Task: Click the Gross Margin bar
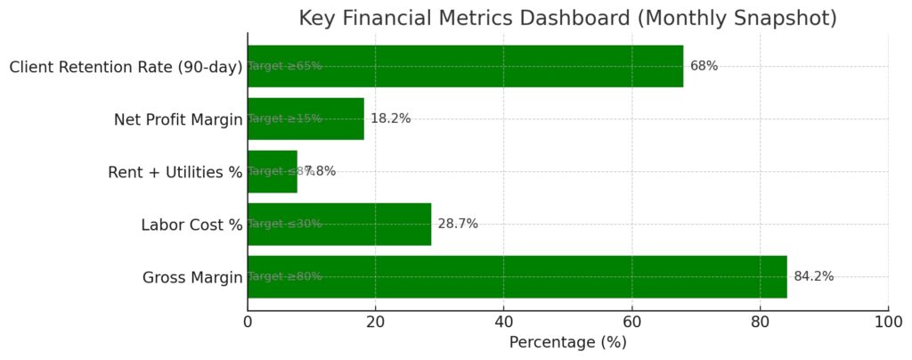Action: click(534, 276)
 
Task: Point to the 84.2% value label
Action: click(813, 276)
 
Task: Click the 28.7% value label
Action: click(458, 224)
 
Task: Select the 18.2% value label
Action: click(390, 119)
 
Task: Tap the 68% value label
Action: click(704, 66)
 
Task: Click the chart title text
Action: click(567, 18)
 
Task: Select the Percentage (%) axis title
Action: click(567, 342)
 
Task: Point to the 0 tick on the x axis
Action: click(248, 321)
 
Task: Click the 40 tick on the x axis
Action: click(503, 321)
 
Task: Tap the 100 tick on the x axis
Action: click(887, 321)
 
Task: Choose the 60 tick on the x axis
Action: click(631, 321)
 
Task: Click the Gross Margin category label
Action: click(192, 278)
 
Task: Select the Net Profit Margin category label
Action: click(178, 119)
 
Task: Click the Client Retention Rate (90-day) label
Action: click(126, 67)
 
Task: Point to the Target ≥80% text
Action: click(285, 276)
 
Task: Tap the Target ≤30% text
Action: click(285, 224)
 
